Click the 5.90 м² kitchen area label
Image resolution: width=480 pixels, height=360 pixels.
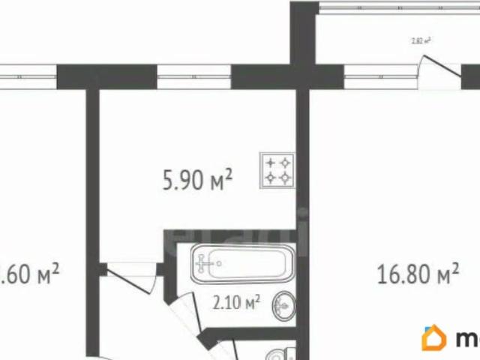[197, 179]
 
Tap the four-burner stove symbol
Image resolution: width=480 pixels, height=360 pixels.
[277, 169]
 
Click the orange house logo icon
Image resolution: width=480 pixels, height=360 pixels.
[434, 338]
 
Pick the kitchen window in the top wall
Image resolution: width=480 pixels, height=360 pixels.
[194, 76]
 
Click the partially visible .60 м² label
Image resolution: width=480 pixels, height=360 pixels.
[30, 273]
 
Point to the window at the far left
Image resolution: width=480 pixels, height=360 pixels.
[28, 76]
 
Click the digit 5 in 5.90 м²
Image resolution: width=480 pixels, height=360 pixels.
[168, 180]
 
